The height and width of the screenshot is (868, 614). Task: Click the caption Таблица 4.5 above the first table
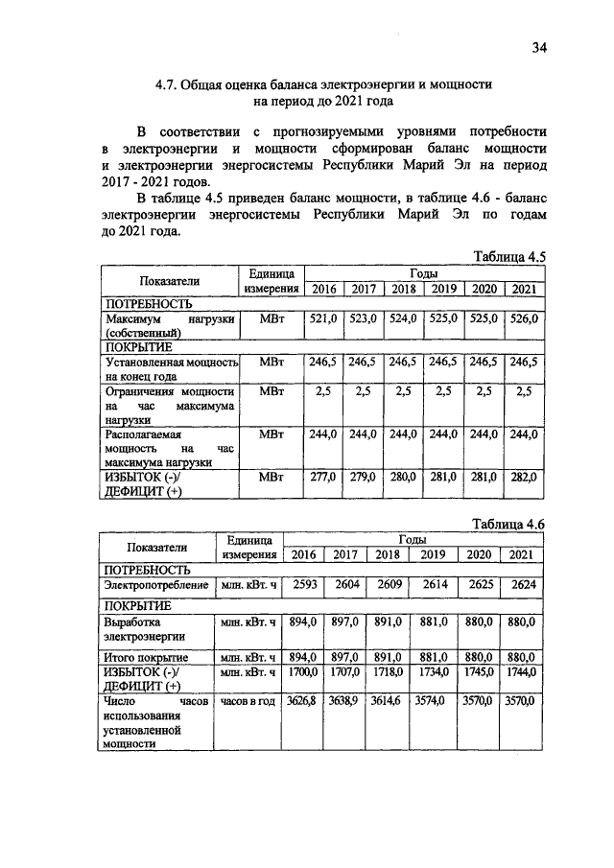click(x=509, y=256)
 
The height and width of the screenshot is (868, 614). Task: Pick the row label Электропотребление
click(x=156, y=585)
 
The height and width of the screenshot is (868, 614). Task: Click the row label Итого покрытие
click(x=146, y=658)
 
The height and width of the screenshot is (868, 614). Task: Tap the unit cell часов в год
click(x=248, y=702)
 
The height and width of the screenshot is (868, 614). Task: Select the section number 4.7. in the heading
click(x=171, y=83)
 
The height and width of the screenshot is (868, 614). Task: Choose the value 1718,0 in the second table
click(x=388, y=675)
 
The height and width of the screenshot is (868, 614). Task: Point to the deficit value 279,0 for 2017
click(x=362, y=478)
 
